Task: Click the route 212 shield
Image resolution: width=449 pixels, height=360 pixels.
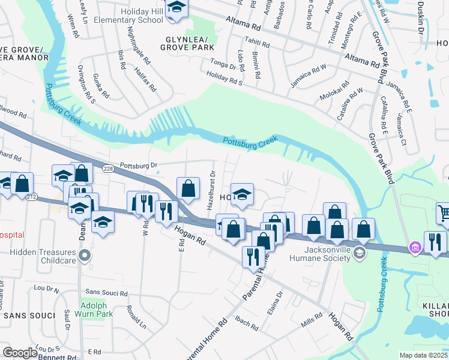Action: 32,197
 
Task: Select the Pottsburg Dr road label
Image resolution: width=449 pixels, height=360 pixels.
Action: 138,164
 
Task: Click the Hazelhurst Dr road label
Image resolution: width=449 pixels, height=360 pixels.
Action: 211,190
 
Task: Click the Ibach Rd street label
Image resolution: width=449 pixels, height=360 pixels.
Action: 246,323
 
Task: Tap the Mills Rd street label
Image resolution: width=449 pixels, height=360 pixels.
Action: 313,322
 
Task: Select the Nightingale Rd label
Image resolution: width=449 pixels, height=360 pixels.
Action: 139,46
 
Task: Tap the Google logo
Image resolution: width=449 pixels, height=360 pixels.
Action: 20,353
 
